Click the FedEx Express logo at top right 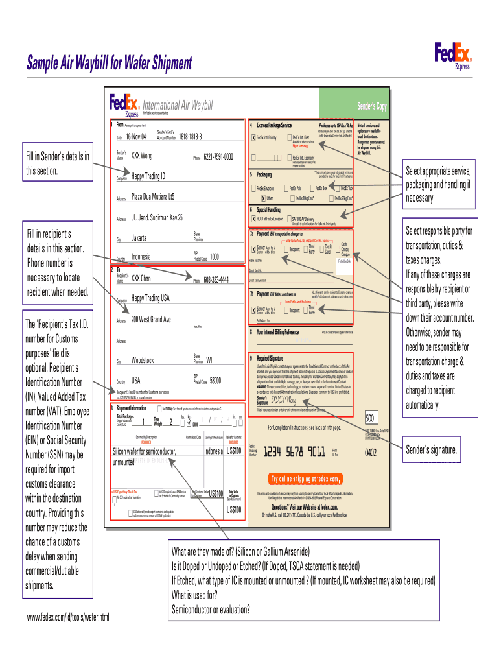click(x=453, y=54)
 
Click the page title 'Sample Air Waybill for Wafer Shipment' click(x=109, y=64)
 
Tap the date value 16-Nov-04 click(x=136, y=137)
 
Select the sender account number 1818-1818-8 click(x=187, y=137)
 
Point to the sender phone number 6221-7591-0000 click(x=218, y=156)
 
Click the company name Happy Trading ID click(x=148, y=176)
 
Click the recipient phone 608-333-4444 click(x=216, y=280)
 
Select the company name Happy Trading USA click(x=150, y=298)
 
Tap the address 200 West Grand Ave click(x=151, y=320)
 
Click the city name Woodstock click(x=143, y=360)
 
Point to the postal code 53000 click(x=216, y=380)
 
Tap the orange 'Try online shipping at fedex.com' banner click(x=306, y=479)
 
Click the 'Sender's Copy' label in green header click(x=371, y=107)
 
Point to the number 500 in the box click(x=371, y=418)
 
